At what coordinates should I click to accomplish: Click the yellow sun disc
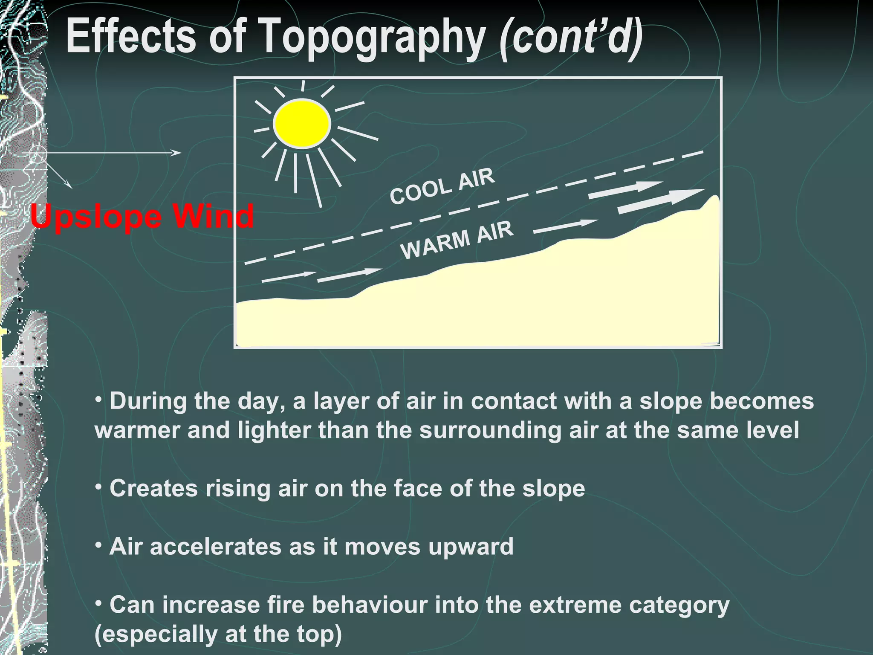(302, 124)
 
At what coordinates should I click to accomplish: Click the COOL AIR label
(442, 186)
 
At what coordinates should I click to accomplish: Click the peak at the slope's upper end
(714, 198)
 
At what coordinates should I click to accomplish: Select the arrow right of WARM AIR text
(565, 226)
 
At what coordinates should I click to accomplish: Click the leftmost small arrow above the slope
(288, 277)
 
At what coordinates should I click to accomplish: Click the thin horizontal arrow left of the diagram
(111, 153)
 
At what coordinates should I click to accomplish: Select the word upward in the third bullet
(471, 547)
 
